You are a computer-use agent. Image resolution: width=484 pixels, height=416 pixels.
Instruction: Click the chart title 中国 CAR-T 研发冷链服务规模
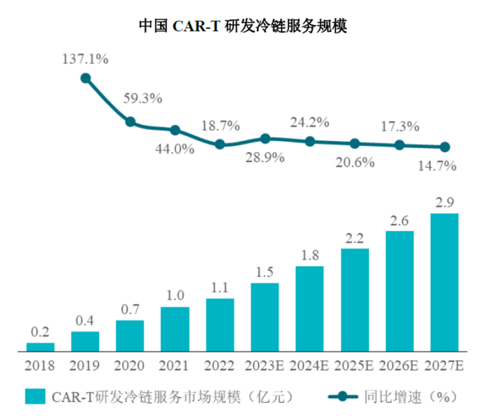click(x=242, y=27)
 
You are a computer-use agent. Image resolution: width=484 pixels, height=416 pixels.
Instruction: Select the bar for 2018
click(x=41, y=347)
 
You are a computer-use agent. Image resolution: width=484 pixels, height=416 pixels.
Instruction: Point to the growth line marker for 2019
click(x=86, y=78)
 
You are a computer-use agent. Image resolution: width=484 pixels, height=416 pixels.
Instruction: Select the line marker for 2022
click(x=220, y=144)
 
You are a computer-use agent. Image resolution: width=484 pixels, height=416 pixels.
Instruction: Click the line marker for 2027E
click(x=445, y=147)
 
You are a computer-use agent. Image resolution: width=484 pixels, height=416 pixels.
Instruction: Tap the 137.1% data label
click(x=86, y=59)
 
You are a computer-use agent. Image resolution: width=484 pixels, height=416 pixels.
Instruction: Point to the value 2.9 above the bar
click(x=445, y=202)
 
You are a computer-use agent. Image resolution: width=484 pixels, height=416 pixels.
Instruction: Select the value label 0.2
click(x=41, y=332)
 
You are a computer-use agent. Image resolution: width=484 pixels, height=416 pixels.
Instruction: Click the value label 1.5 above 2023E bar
click(x=265, y=272)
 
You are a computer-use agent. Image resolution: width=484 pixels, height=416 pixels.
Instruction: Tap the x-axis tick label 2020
click(x=130, y=364)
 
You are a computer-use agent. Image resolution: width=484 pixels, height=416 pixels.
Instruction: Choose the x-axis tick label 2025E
click(x=354, y=364)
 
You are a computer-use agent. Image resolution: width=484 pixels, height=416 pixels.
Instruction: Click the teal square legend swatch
click(x=35, y=397)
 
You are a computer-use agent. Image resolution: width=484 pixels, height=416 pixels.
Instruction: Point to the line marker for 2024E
click(x=310, y=141)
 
